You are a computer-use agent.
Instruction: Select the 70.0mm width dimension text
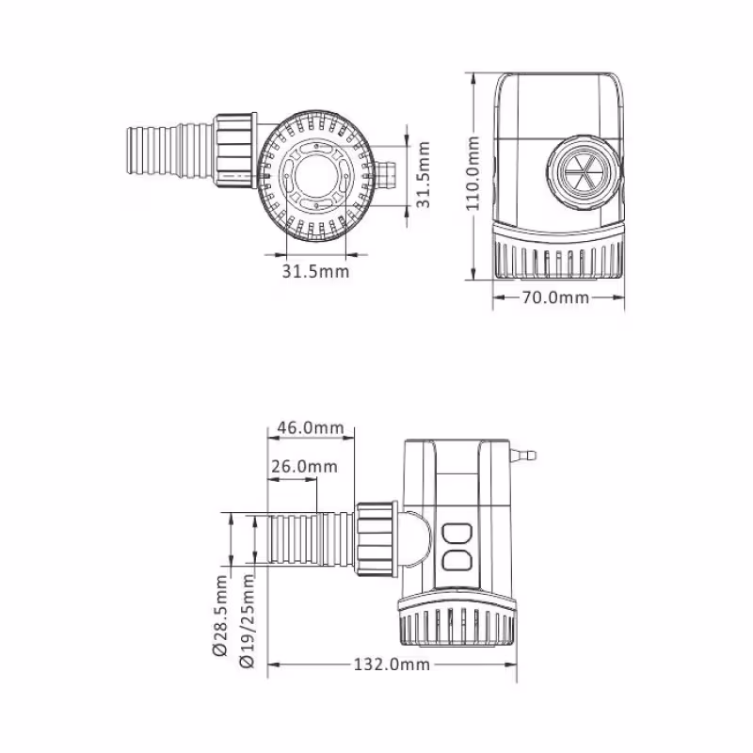555,297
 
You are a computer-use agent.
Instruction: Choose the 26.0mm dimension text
303,467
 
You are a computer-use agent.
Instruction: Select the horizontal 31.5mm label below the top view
315,271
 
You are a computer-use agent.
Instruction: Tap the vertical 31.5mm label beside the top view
425,174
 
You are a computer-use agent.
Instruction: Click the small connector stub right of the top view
387,174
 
